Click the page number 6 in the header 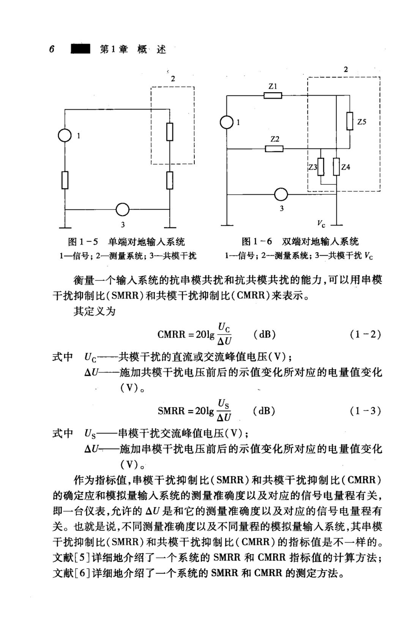click(52, 49)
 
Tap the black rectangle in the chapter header click(80, 49)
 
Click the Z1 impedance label click(273, 87)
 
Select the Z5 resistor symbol click(350, 121)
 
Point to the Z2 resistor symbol click(274, 148)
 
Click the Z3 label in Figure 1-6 click(312, 167)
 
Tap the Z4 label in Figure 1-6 click(345, 167)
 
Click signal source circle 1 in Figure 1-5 click(65, 135)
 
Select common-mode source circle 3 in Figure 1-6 click(281, 194)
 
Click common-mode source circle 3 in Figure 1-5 click(123, 209)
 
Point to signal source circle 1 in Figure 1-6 click(227, 122)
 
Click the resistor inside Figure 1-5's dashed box click(170, 132)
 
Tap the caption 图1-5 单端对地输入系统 click(126, 242)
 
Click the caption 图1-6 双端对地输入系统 click(300, 242)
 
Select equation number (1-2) click(365, 334)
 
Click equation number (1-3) click(365, 411)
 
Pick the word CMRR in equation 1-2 click(171, 335)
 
